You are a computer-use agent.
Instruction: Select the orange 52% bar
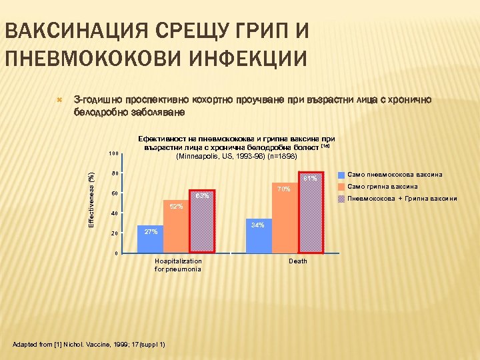pyautogui.click(x=176, y=227)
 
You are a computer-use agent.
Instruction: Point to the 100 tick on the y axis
pyautogui.click(x=113, y=154)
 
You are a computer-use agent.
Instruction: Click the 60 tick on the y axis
pyautogui.click(x=115, y=194)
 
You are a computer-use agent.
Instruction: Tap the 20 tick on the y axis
pyautogui.click(x=115, y=234)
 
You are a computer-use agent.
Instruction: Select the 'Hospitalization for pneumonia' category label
pyautogui.click(x=177, y=265)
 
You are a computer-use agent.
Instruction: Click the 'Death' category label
pyautogui.click(x=297, y=261)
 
